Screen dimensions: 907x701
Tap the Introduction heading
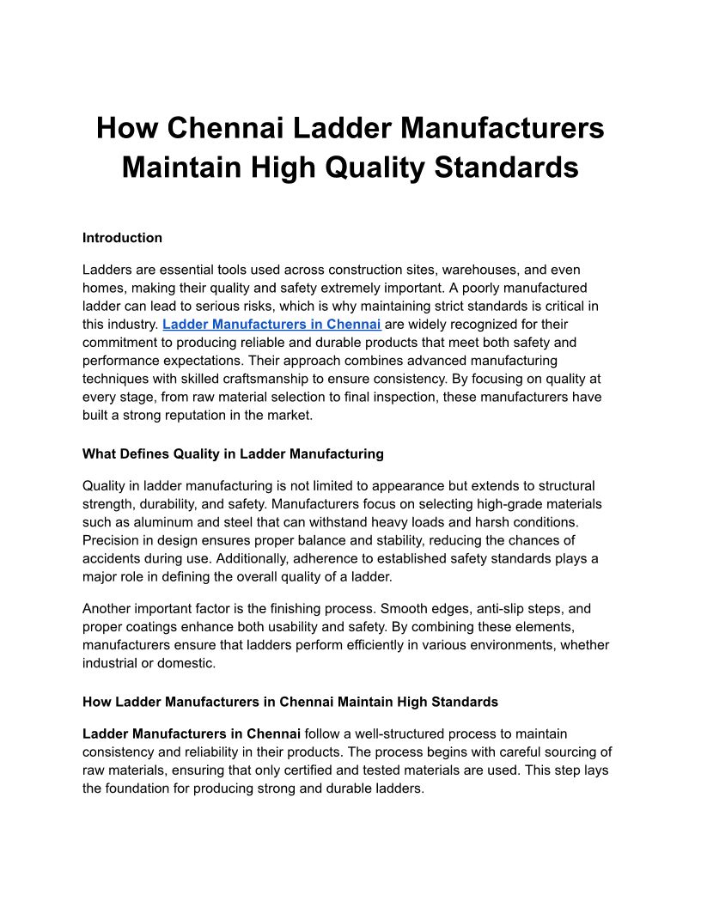click(x=122, y=238)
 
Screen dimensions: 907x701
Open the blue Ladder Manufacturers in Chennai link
click(x=271, y=325)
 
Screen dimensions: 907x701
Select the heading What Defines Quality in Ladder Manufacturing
click(x=233, y=453)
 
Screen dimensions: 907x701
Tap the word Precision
click(x=113, y=540)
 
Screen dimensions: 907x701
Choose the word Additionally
click(x=246, y=558)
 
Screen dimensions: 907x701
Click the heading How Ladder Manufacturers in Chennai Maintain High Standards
click(x=290, y=702)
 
